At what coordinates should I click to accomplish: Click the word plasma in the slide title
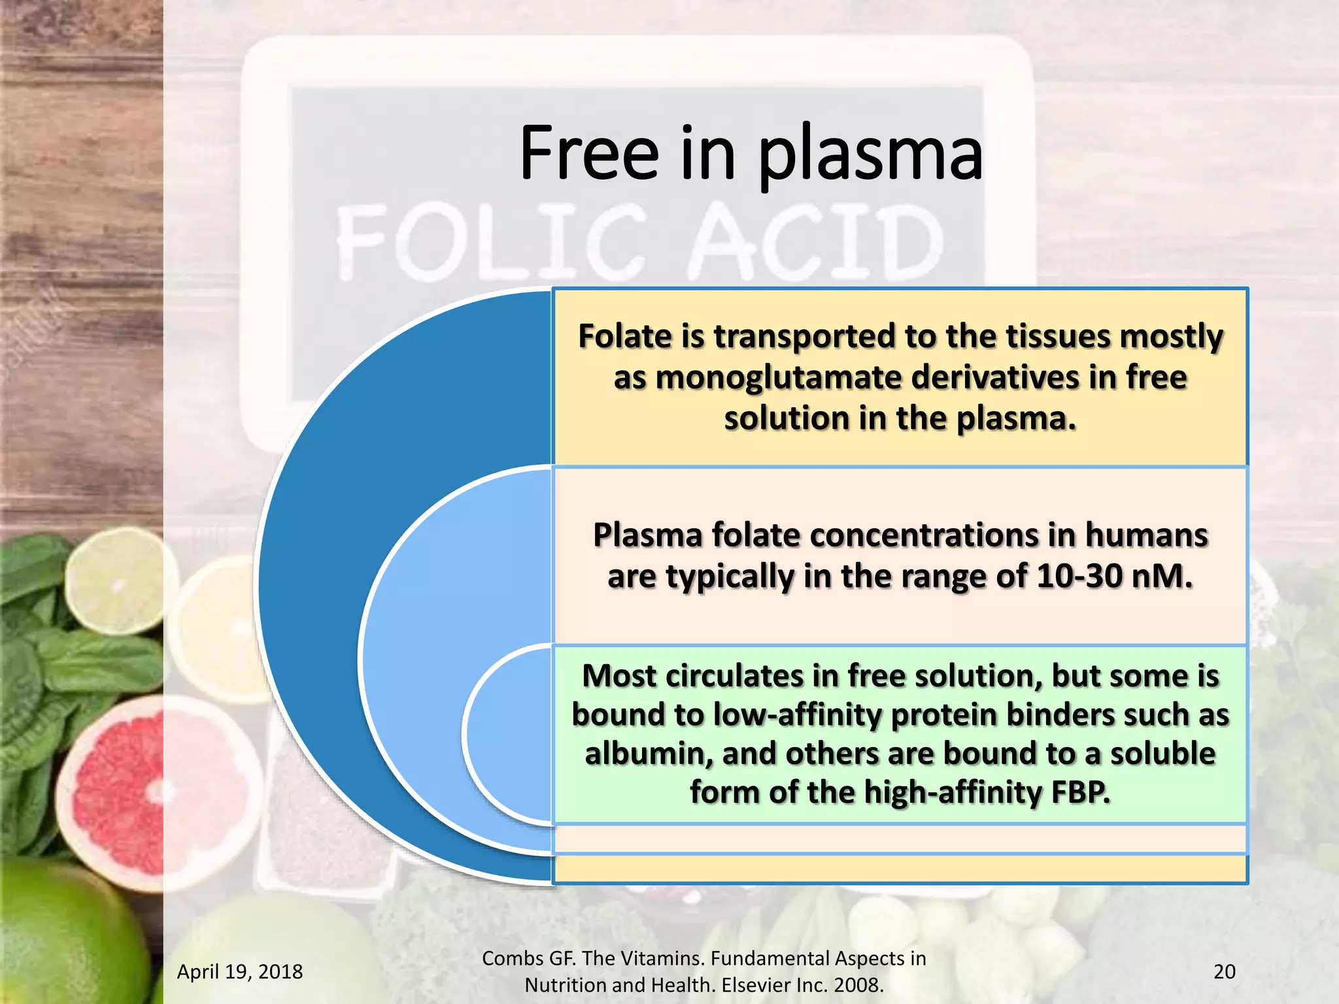(x=870, y=156)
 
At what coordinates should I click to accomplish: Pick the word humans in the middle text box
(x=1146, y=536)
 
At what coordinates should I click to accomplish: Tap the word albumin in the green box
(x=647, y=754)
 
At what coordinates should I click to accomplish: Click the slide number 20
(x=1224, y=972)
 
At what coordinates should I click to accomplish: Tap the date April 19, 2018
(x=240, y=972)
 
